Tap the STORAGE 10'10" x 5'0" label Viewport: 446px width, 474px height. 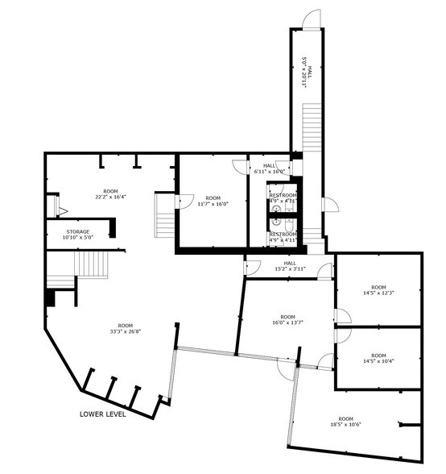point(78,235)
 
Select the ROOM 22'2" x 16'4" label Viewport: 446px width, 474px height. point(109,193)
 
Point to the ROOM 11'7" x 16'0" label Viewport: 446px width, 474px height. point(213,201)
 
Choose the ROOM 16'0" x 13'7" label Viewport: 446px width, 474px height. point(287,320)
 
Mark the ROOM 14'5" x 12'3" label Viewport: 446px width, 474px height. point(378,290)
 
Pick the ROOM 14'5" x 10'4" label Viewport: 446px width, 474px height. point(378,357)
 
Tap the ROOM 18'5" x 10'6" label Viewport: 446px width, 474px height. point(345,422)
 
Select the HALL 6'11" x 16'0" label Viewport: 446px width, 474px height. point(269,168)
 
